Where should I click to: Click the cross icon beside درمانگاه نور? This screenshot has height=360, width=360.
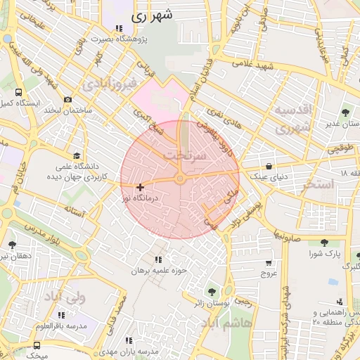(141, 187)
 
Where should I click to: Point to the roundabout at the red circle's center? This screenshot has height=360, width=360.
(180, 180)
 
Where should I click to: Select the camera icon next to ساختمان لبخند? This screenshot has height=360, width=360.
(67, 100)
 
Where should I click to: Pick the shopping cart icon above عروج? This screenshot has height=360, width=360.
(268, 263)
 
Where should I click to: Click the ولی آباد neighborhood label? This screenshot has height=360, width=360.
(63, 297)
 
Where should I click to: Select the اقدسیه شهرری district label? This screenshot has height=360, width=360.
(290, 120)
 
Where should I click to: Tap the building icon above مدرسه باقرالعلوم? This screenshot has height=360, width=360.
(60, 315)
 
